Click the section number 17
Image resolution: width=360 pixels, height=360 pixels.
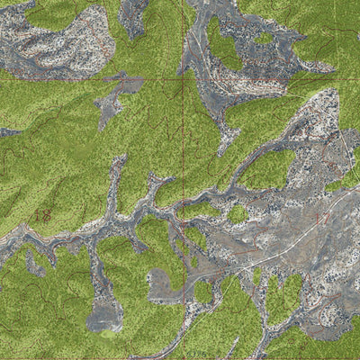[x=321, y=217]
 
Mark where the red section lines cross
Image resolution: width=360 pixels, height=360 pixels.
[x=185, y=80]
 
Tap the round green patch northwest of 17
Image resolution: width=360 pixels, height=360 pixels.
[x=238, y=214]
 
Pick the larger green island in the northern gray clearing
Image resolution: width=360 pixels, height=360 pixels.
[x=223, y=45]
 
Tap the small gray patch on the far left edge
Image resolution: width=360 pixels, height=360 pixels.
[x=7, y=132]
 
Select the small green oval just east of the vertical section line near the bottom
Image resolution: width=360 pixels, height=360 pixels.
[x=203, y=292]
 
